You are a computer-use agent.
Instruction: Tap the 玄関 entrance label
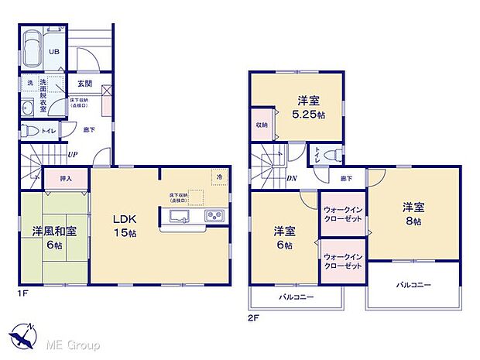pos(84,84)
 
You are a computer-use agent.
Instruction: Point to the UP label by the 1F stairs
pos(72,155)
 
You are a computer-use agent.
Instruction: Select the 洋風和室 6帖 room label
pos(55,238)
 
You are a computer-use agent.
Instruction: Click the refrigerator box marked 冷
pos(219,176)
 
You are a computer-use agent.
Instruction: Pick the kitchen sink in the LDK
pos(177,216)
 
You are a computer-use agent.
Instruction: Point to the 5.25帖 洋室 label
pos(307,107)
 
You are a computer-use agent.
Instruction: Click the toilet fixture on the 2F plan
pos(331,153)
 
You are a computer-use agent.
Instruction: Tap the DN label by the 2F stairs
pos(290,177)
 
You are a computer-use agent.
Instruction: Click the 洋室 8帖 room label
pos(411,214)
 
